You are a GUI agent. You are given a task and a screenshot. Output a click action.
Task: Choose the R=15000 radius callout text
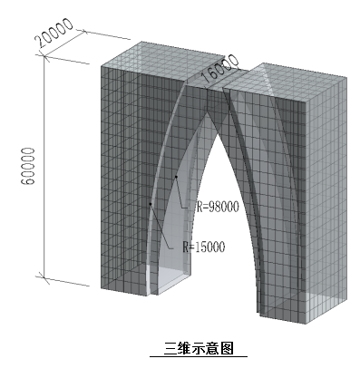pyautogui.click(x=202, y=246)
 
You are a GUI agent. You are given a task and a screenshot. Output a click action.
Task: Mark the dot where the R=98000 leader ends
pyautogui.click(x=175, y=176)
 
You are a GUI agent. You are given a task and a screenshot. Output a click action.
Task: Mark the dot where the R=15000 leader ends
pyautogui.click(x=151, y=204)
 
